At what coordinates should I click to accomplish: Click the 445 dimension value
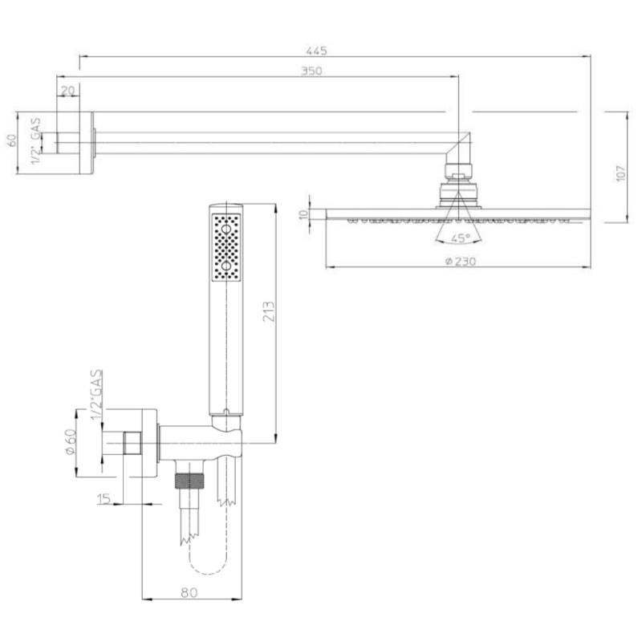click(x=316, y=51)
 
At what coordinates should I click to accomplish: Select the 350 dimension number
click(x=311, y=71)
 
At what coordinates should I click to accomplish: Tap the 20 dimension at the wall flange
click(x=68, y=91)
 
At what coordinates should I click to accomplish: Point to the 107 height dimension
click(x=621, y=173)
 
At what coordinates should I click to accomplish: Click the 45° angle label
click(x=460, y=238)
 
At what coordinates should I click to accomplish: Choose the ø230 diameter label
click(x=460, y=261)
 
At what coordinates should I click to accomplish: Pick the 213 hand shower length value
click(x=269, y=311)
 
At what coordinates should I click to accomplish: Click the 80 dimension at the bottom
click(x=189, y=592)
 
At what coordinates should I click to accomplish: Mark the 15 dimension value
click(x=104, y=498)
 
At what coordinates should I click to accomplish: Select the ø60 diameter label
click(x=71, y=442)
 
